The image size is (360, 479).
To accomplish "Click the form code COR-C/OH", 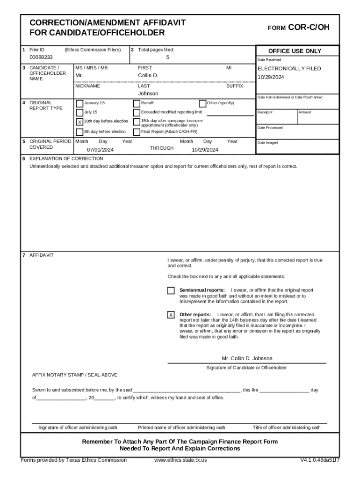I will pos(309,28).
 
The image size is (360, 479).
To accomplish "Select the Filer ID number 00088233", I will pos(41,58).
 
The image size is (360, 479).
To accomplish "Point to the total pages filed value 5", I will pos(168,58).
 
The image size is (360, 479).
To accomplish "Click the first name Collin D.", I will pos(148,75).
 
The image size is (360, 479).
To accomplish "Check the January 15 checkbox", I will pos(79,103).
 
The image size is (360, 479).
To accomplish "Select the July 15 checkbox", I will pos(79,113).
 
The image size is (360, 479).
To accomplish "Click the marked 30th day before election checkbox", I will pos(79,122).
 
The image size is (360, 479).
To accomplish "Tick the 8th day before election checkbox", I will pos(79,131).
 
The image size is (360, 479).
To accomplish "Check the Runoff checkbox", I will pos(137,103).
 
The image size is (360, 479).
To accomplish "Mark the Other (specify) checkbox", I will pos(202,103).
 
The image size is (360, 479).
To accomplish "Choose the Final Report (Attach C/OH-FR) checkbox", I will pos(137,131).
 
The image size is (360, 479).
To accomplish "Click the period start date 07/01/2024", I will pos(100,150).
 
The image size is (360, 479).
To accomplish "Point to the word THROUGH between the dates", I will pos(161,148).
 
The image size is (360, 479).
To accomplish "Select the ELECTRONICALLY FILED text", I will pos(289,69).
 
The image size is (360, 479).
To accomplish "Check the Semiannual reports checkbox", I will pos(171,291).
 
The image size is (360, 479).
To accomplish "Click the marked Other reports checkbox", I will pos(171,315).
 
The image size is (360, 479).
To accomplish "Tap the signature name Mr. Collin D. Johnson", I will pos(247,358).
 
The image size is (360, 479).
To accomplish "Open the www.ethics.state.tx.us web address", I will pos(180,460).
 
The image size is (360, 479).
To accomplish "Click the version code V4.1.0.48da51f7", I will pos(320,460).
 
